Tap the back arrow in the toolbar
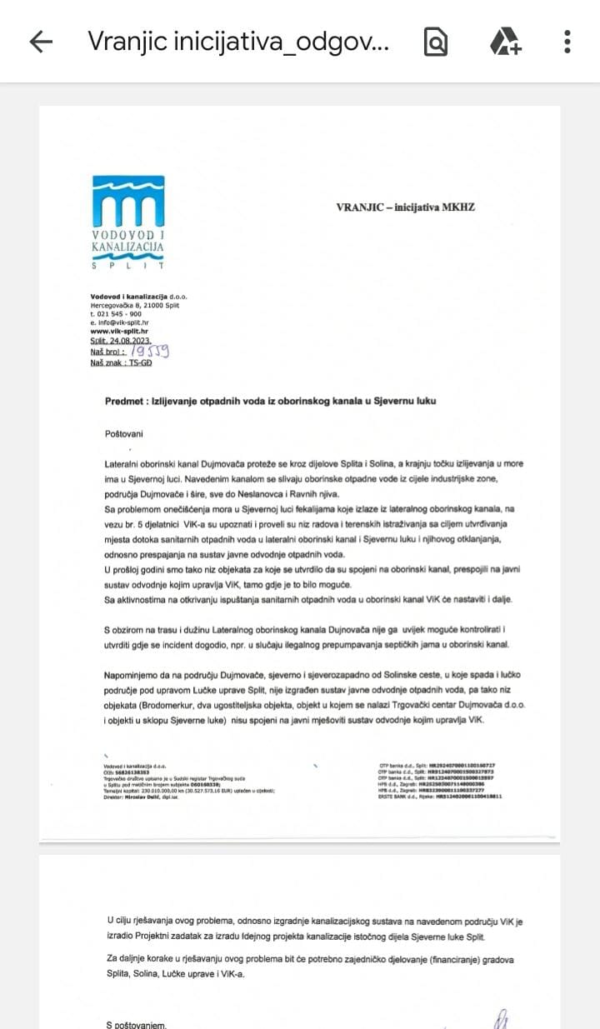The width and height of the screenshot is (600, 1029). pyautogui.click(x=41, y=42)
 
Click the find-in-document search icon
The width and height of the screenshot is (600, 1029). pyautogui.click(x=435, y=42)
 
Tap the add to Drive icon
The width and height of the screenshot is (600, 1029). pyautogui.click(x=505, y=42)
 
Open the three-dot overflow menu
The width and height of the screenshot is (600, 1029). pyautogui.click(x=567, y=42)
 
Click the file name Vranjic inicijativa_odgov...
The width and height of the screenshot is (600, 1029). pyautogui.click(x=238, y=42)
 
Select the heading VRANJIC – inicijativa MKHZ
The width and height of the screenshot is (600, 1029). pyautogui.click(x=405, y=207)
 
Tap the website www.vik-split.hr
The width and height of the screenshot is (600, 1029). pyautogui.click(x=119, y=331)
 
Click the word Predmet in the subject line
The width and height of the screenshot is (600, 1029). pyautogui.click(x=126, y=401)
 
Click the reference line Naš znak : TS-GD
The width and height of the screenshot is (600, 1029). pyautogui.click(x=121, y=362)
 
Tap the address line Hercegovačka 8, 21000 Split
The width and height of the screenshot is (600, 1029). pyautogui.click(x=135, y=305)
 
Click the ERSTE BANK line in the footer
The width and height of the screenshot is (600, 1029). pyautogui.click(x=439, y=797)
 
